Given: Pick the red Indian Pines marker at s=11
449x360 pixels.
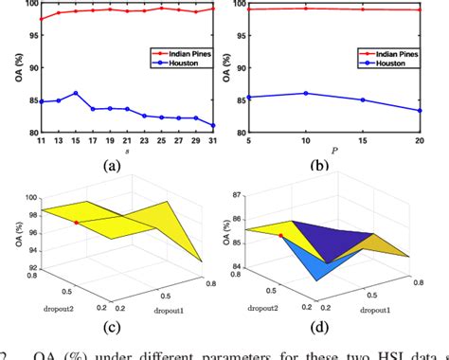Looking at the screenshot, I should point(40,19).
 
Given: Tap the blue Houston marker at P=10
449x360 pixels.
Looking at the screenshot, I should point(305,93).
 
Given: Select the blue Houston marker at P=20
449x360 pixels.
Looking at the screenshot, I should point(420,110).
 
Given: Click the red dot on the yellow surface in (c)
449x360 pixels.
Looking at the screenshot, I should point(77,222).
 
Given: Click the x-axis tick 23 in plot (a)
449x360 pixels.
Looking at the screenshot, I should point(143,142).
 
